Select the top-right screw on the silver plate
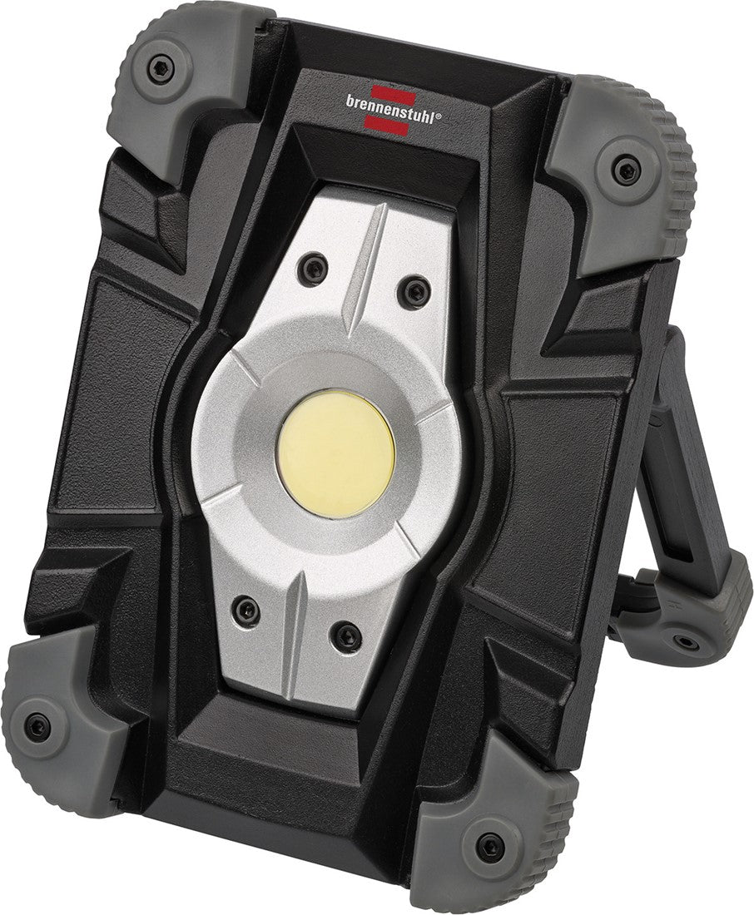[x=413, y=291]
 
